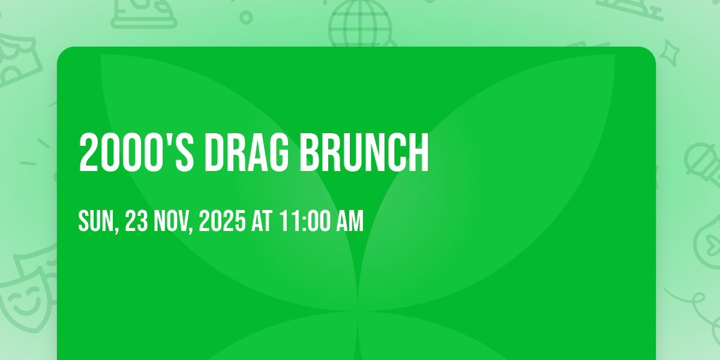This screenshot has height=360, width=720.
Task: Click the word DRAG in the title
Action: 247,153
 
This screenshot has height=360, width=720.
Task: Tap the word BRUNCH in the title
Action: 364,153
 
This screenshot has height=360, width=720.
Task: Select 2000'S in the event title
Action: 136,153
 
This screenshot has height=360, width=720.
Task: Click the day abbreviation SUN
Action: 98,221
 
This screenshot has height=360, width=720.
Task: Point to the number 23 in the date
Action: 136,221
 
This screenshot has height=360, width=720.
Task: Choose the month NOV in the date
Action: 173,221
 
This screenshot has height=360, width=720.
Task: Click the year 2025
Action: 223,221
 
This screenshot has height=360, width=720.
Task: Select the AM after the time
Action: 350,221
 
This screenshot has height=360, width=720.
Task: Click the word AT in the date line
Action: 262,221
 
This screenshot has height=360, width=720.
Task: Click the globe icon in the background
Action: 360,23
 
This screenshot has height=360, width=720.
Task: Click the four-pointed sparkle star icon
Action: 670,53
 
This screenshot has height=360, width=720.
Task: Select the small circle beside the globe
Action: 246,17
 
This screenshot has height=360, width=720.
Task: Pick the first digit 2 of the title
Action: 88,153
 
